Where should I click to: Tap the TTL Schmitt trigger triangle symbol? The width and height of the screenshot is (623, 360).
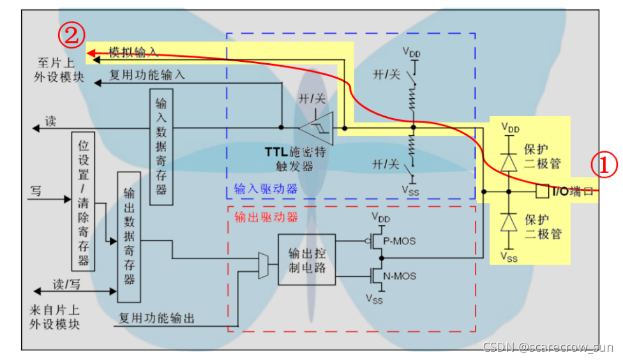319,128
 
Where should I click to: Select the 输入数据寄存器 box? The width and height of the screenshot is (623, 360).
161,147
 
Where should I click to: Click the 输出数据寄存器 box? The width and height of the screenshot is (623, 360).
129,236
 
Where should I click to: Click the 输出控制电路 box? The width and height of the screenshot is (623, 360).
306,259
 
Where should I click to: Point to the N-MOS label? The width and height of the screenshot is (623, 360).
402,276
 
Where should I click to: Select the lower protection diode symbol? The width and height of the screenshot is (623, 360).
509,221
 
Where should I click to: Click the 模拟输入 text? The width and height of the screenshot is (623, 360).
133,51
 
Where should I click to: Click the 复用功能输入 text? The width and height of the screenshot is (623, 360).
147,75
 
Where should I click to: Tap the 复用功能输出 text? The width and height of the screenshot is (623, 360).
156,317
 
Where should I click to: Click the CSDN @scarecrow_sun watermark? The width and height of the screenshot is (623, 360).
548,347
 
